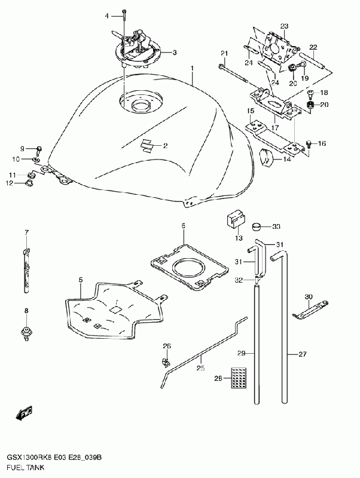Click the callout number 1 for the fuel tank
click(193, 69)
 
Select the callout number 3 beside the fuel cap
click(175, 53)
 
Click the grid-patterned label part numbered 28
click(239, 379)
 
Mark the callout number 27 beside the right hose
click(303, 354)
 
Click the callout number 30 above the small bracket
click(309, 297)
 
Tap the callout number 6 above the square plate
click(184, 225)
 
